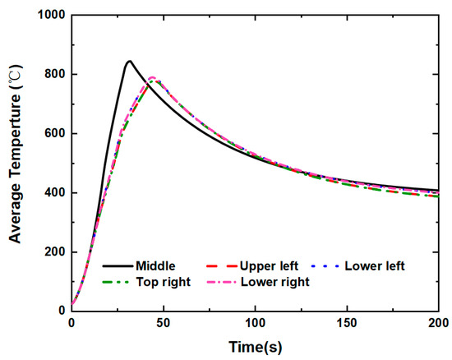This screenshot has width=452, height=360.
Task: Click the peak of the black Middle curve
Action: [x=129, y=61]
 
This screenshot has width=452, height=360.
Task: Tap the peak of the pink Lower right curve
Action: [x=152, y=77]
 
